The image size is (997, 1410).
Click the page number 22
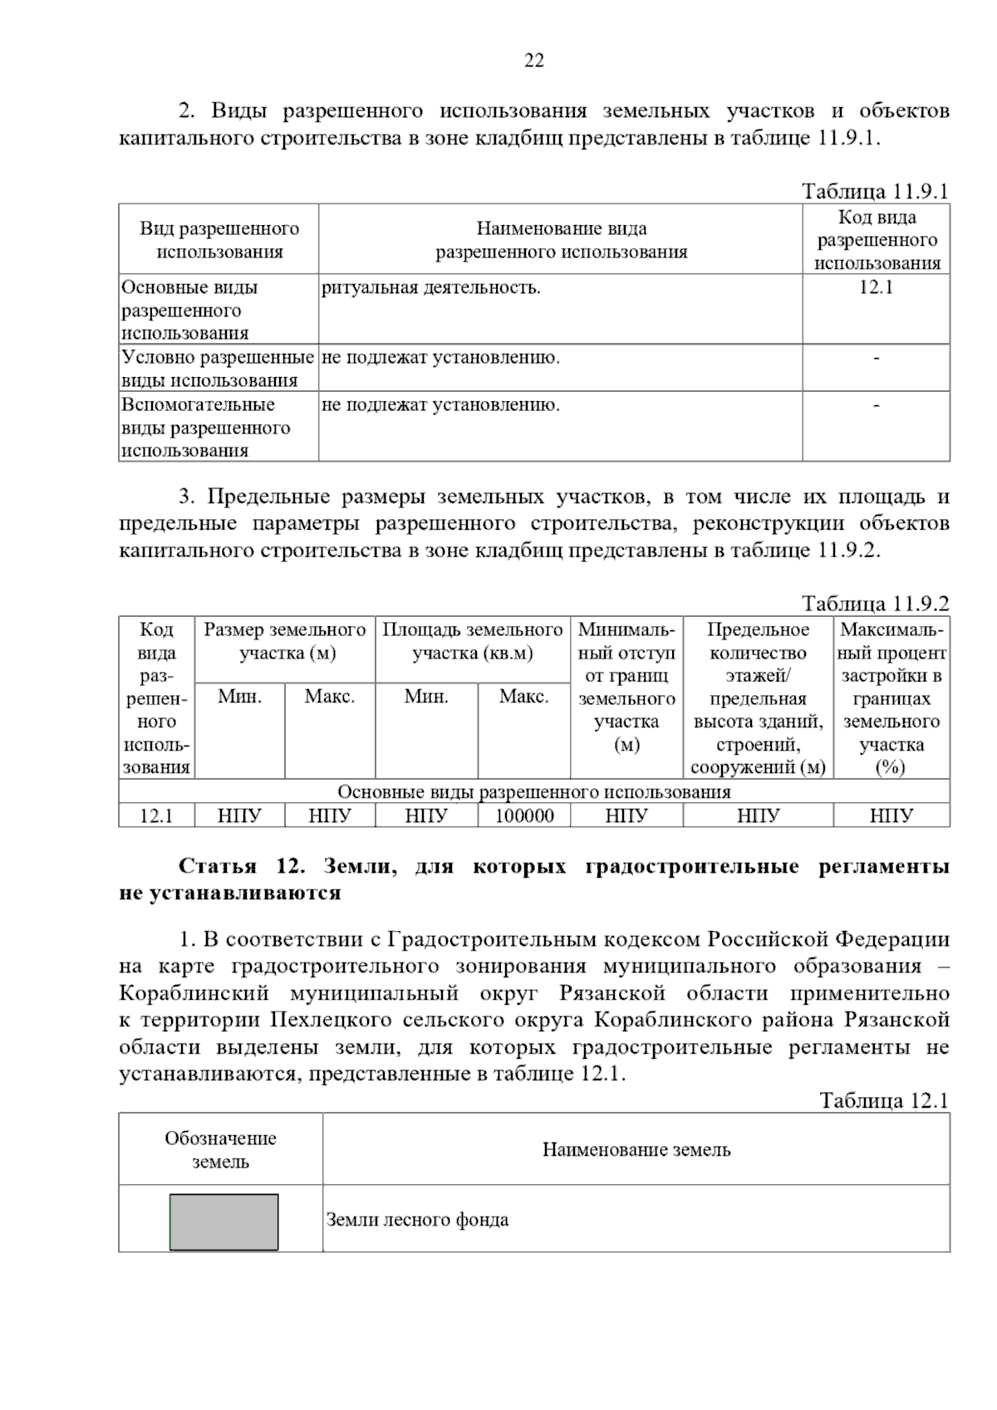(534, 61)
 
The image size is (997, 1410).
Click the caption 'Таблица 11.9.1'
(875, 191)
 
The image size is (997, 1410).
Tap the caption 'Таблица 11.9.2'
(875, 604)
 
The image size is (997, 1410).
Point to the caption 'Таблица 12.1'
(884, 1100)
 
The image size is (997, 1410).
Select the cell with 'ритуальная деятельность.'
(431, 288)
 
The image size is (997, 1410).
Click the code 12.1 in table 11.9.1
(876, 288)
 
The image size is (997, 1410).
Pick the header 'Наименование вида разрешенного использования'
(561, 240)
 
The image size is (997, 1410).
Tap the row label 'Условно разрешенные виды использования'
(218, 369)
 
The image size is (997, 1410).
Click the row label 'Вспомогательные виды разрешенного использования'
(206, 428)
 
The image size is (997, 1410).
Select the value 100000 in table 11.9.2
(524, 816)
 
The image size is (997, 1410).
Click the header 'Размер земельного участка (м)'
(285, 641)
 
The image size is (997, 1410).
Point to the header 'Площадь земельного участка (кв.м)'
(472, 641)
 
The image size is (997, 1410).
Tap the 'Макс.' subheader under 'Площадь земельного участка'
(523, 697)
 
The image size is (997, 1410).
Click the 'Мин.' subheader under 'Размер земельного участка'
(239, 697)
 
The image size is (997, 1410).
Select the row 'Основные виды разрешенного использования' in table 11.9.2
(533, 791)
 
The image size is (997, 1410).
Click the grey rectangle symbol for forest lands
(223, 1222)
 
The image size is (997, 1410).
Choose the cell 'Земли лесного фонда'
(417, 1220)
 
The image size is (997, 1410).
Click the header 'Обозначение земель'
(220, 1150)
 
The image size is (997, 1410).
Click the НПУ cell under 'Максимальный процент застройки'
(891, 816)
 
